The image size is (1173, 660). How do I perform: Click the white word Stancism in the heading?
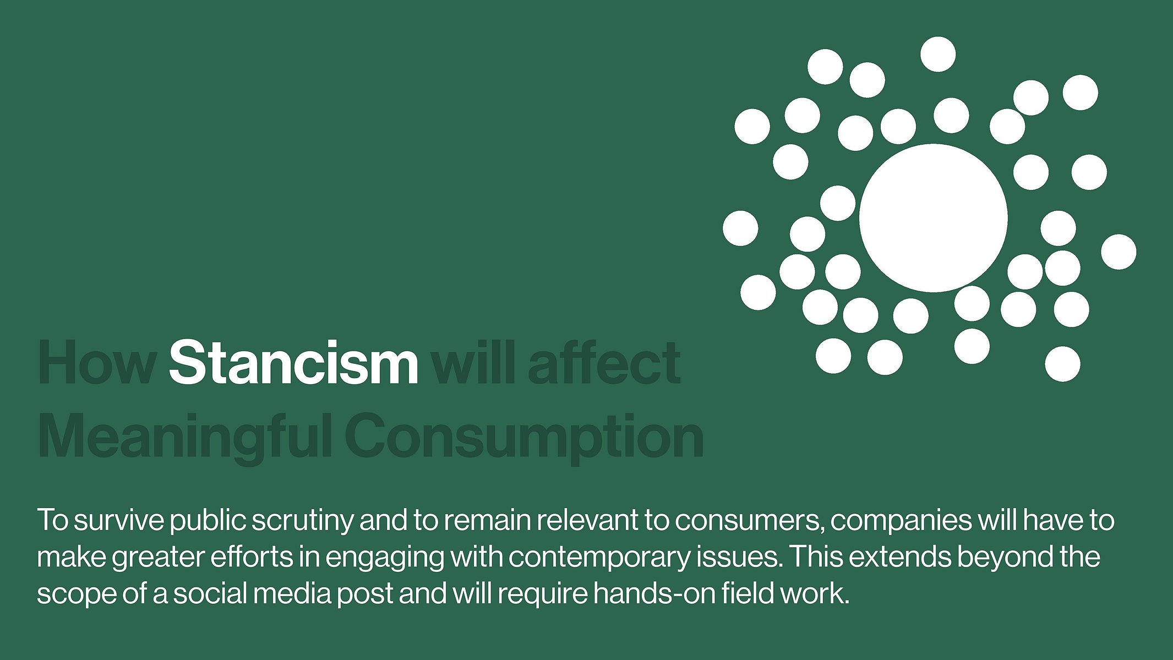point(293,362)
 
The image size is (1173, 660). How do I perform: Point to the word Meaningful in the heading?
point(184,436)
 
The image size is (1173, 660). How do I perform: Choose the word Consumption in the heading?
point(525,436)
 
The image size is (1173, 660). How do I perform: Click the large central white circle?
point(933,218)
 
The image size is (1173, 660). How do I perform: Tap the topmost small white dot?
point(938,54)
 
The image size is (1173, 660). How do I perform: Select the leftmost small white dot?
point(740,228)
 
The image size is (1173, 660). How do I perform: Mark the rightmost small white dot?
point(1119,252)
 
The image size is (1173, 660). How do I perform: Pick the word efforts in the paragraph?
point(252,557)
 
